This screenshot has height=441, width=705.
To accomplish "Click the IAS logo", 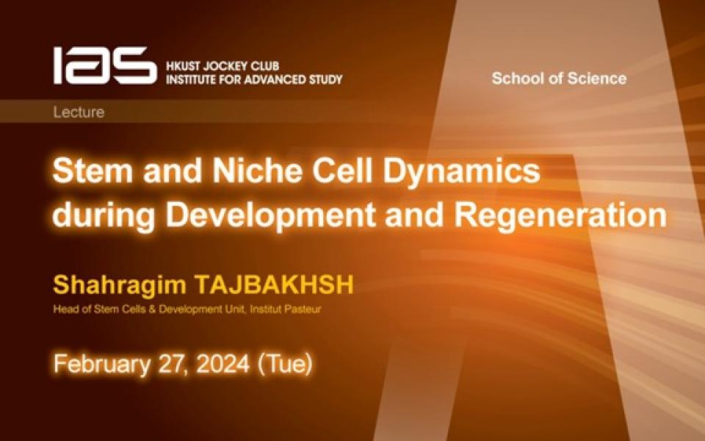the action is [105, 65].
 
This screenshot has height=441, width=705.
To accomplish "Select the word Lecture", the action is [79, 112].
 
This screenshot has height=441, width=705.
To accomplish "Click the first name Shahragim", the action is [119, 286].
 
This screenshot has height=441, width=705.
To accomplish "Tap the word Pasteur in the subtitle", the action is [304, 309].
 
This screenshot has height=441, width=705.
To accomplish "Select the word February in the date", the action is [101, 364].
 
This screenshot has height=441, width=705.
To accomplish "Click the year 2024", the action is [223, 364].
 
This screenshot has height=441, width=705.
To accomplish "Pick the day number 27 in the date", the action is [172, 364].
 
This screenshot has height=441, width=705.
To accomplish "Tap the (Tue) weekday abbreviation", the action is [285, 364].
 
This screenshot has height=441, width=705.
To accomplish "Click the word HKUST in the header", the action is [183, 66].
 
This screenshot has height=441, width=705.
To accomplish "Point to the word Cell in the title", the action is [342, 171].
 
